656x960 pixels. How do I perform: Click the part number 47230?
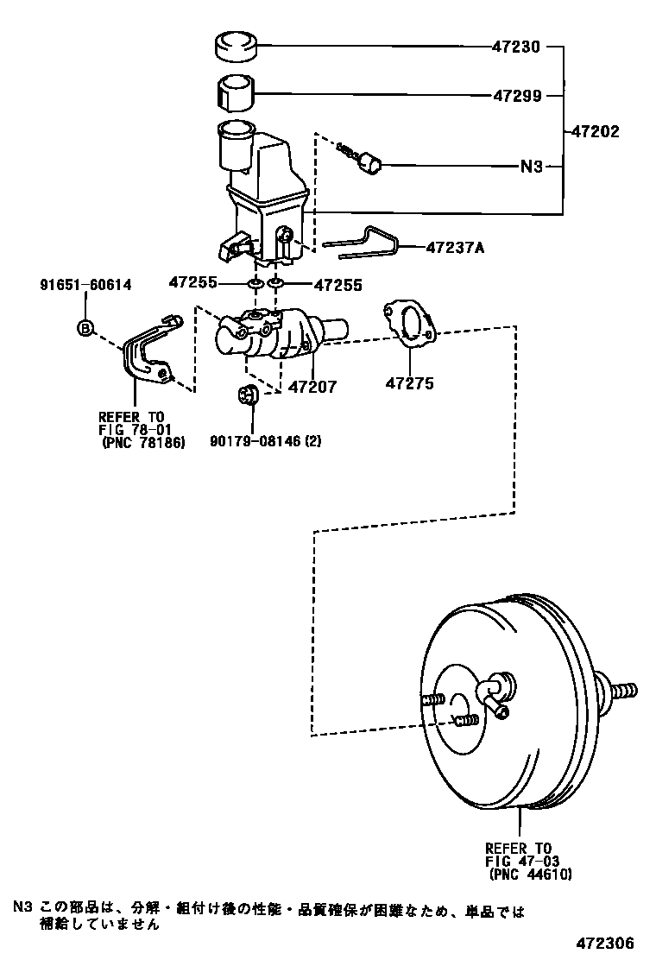pos(516,47)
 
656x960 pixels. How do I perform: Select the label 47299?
pos(517,96)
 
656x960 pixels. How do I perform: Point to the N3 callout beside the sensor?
pos(531,167)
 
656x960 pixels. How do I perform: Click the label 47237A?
pos(455,248)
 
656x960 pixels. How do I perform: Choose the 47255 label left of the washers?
pos(193,282)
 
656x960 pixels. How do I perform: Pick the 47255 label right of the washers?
pos(338,285)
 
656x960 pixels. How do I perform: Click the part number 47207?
pos(312,387)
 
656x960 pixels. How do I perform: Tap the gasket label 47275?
pos(409,384)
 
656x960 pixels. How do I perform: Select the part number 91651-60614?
pos(85,285)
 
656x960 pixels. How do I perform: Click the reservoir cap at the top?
pos(236,47)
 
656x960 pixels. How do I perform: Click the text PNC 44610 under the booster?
pos(531,875)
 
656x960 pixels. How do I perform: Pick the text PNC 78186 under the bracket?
pos(143,442)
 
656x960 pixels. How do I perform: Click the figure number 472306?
pos(604,943)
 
